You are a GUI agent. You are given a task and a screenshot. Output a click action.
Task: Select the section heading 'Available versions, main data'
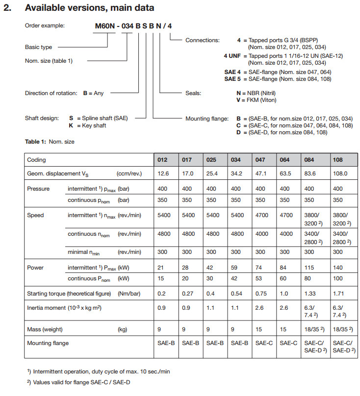point(89,8)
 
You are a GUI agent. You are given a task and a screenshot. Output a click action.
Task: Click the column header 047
point(260,160)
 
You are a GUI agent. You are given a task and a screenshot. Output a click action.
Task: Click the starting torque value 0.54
point(237,294)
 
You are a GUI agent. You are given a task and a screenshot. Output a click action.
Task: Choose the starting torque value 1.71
point(338,294)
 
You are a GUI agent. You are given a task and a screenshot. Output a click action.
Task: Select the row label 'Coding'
point(37,160)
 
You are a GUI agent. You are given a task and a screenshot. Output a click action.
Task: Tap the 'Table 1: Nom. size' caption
point(50,142)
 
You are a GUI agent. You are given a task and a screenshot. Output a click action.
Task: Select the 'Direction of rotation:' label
point(51,93)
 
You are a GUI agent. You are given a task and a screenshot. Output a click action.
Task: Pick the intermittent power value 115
point(310,268)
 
